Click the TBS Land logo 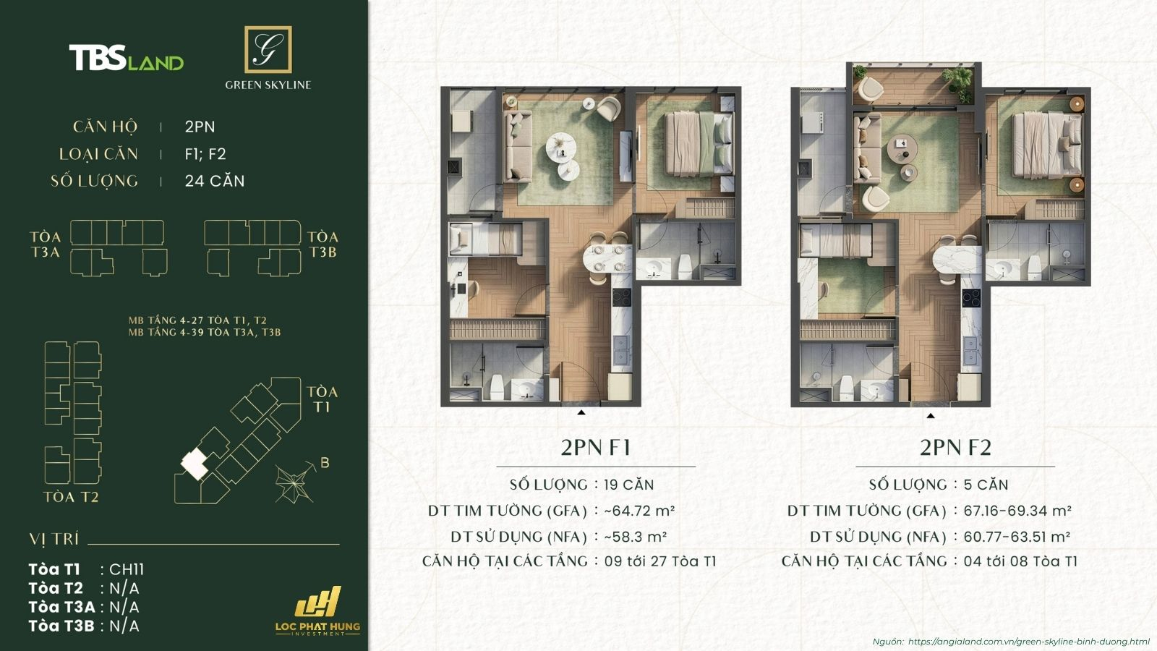126,58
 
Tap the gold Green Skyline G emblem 268,50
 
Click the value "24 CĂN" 215,181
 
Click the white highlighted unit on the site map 193,463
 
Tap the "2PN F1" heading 595,448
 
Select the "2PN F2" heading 955,448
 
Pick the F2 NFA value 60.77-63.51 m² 1016,537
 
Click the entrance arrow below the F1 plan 581,412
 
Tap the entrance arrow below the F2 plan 931,415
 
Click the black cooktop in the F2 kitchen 970,298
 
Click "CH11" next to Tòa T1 127,569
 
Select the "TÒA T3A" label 46,244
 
